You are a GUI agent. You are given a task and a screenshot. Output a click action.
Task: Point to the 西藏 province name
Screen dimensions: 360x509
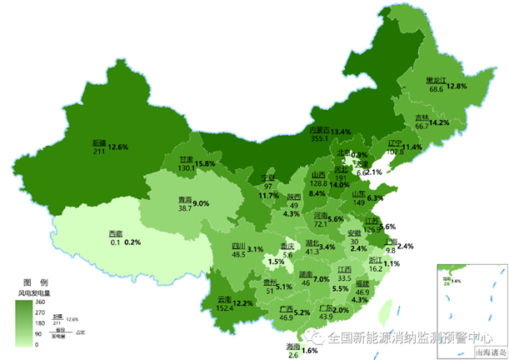115,232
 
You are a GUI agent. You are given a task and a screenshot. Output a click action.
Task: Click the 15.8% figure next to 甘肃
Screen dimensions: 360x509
206,163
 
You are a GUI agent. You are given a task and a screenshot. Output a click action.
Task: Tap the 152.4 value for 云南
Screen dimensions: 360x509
226,307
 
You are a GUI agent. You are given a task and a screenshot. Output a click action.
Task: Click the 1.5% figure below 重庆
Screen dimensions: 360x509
277,262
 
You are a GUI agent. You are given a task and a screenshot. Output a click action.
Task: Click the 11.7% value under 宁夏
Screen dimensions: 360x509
268,195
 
